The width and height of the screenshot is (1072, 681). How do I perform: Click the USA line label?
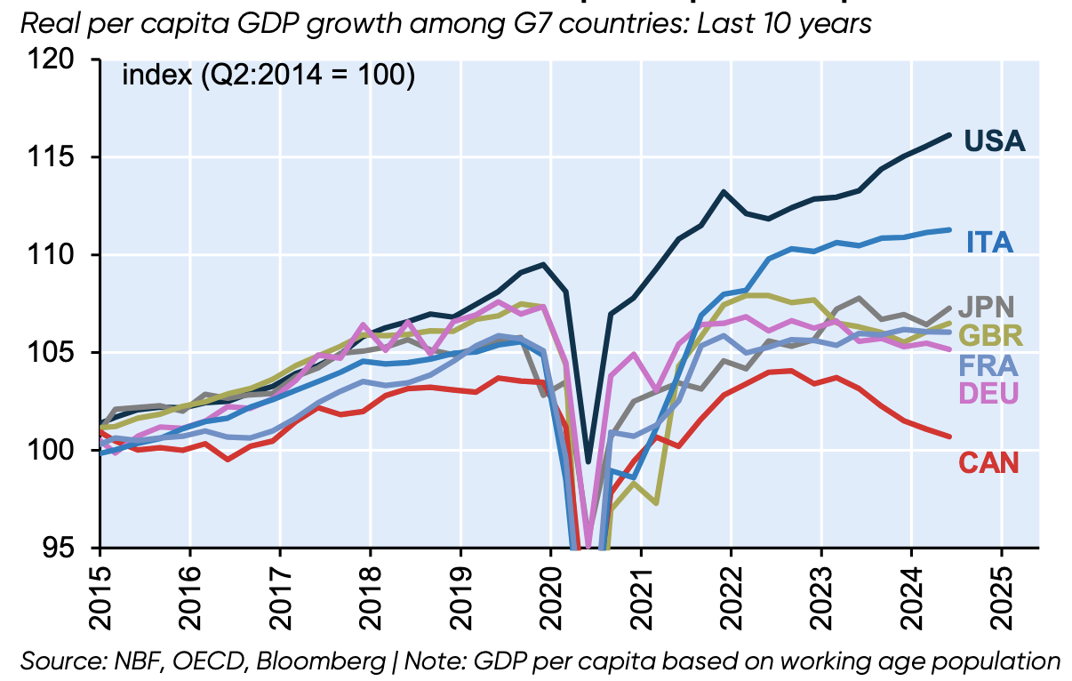[995, 141]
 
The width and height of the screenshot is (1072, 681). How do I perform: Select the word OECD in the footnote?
[234, 662]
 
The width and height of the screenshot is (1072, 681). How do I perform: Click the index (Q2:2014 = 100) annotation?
[268, 76]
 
